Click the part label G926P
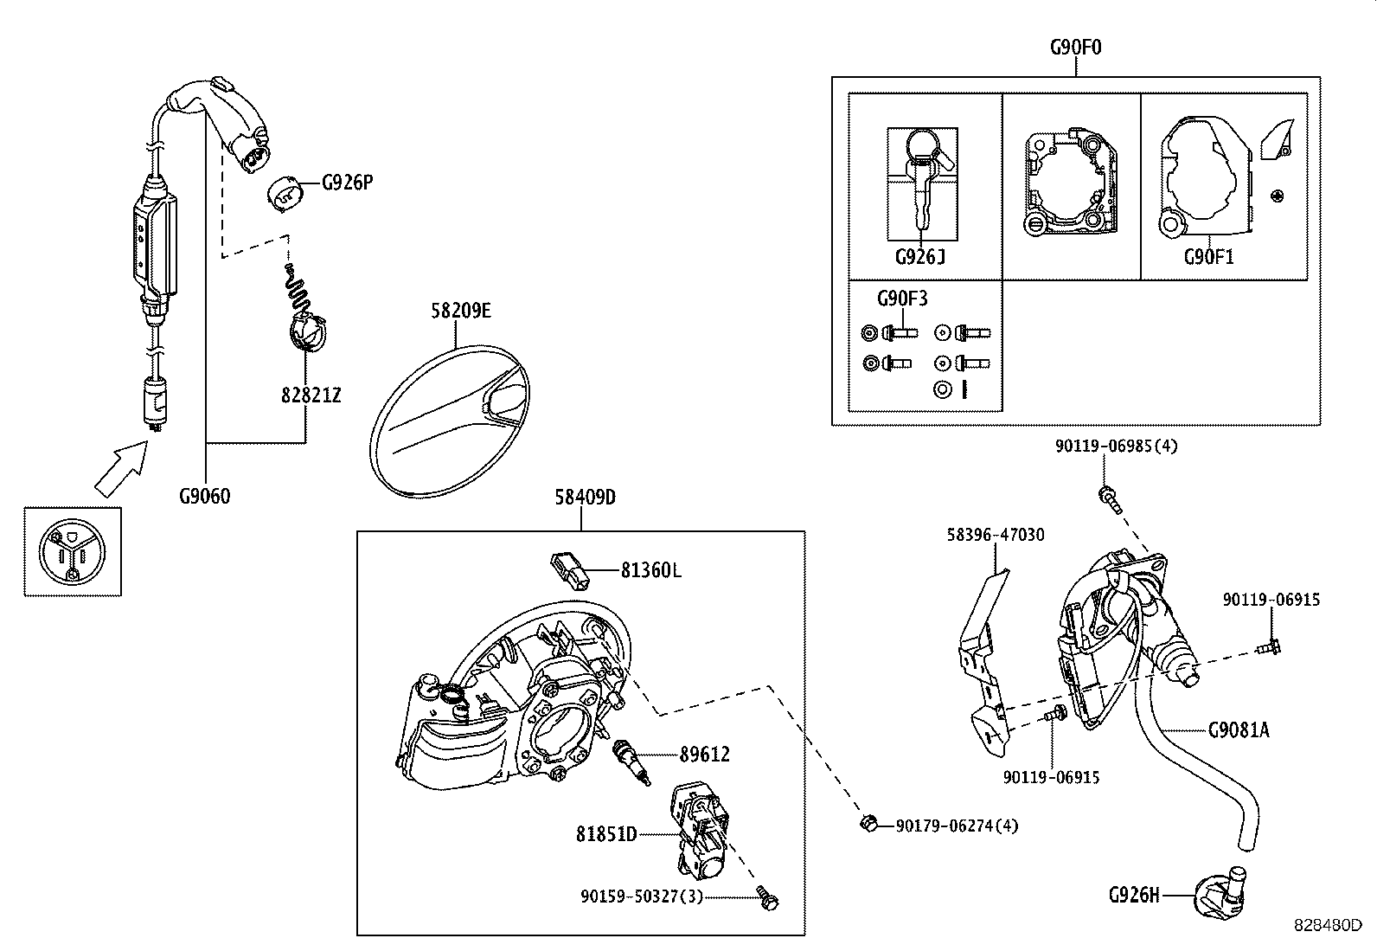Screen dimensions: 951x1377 pos(347,183)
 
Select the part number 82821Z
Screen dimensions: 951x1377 pos(311,395)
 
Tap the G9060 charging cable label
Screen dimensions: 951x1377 pos(205,497)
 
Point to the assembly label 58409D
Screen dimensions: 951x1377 pos(585,498)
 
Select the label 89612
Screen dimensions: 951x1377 pos(704,755)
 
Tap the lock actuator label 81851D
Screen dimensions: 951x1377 pos(606,834)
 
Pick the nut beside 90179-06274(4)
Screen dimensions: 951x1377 pos(867,823)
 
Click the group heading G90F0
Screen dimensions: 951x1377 pos(1076,47)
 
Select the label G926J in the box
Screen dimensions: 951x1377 pos(920,257)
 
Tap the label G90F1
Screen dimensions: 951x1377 pos(1208,257)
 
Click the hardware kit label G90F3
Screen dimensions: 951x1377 pos(902,299)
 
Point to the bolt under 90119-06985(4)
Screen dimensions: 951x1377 pos(1106,496)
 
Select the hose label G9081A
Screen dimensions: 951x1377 pos(1239,729)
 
